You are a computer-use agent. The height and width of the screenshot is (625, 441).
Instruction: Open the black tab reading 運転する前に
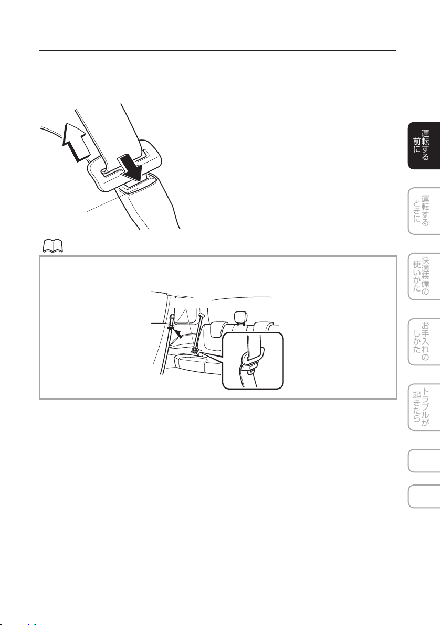click(x=424, y=145)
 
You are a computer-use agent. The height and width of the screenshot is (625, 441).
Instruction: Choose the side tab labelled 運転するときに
click(x=424, y=211)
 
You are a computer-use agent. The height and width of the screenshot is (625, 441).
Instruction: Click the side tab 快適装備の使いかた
click(x=424, y=276)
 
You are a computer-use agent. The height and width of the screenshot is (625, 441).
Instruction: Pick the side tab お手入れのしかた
click(x=424, y=341)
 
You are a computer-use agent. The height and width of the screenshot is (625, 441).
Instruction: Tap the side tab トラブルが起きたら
click(x=424, y=407)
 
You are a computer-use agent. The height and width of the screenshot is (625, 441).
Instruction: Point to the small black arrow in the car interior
click(x=181, y=332)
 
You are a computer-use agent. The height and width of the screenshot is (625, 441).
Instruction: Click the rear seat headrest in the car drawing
click(x=239, y=317)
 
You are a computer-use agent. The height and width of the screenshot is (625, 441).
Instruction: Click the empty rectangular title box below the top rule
click(x=217, y=86)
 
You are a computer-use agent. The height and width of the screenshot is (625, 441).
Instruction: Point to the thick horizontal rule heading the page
click(x=217, y=51)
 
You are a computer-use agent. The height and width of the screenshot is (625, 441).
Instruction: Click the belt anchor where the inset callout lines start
click(x=195, y=351)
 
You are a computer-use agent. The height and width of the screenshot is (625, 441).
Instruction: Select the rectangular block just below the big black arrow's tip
click(x=135, y=185)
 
